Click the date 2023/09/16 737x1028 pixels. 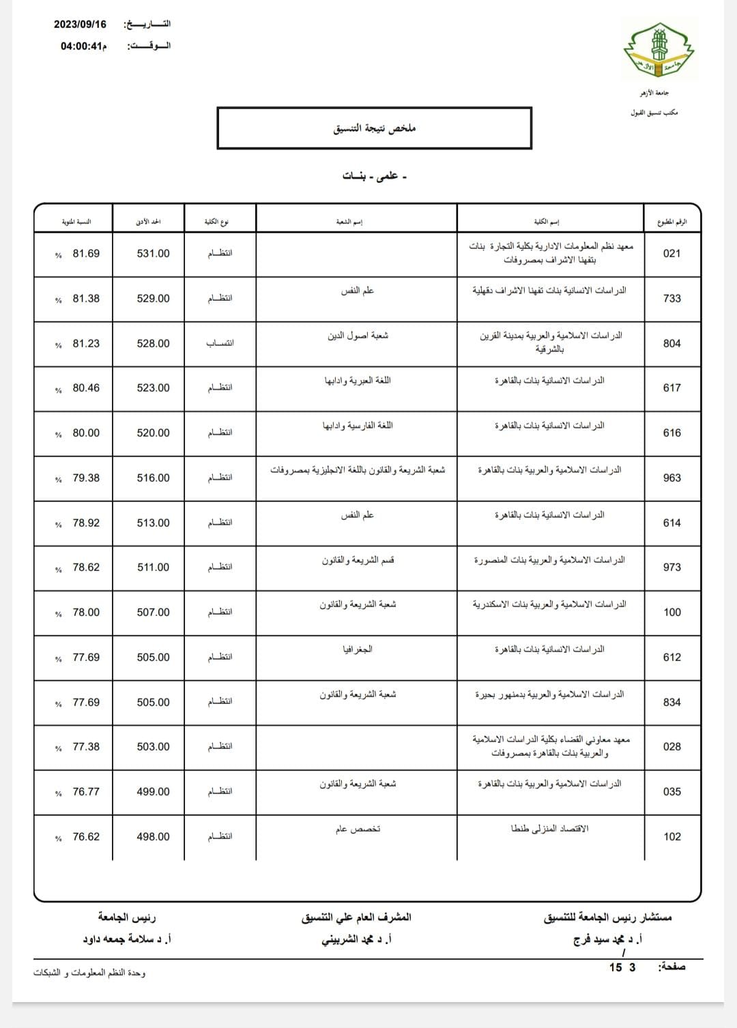81,25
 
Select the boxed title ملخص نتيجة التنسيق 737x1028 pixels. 374,128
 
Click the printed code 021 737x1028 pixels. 671,254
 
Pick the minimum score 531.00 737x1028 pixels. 153,254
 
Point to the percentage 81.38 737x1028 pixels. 86,299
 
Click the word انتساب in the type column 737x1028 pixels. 220,343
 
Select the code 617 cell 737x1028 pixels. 671,388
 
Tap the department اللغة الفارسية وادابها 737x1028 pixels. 358,426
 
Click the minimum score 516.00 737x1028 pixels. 153,478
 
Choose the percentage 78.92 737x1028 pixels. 86,523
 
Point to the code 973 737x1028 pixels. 671,568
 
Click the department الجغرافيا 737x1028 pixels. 358,649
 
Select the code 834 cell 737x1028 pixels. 671,703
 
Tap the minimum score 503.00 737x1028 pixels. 153,747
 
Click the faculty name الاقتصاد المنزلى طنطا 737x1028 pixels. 550,829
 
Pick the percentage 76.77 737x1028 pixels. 86,792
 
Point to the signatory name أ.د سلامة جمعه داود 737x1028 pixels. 127,939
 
